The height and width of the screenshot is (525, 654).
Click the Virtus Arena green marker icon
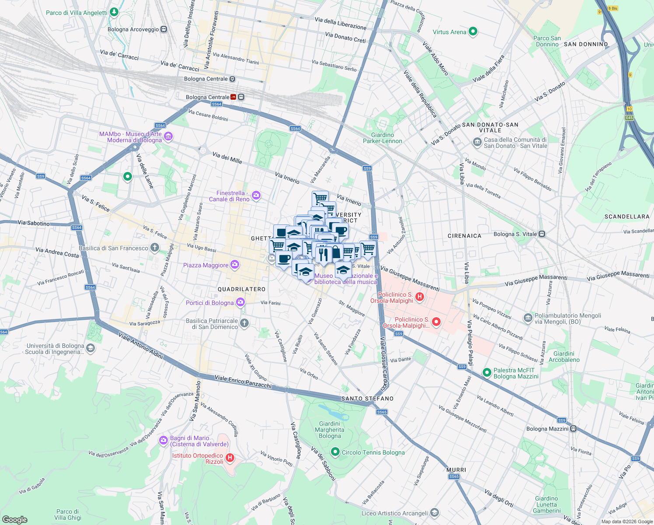click(473, 31)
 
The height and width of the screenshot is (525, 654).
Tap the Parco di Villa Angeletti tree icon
click(114, 12)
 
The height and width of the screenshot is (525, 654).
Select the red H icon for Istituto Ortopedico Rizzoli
click(230, 458)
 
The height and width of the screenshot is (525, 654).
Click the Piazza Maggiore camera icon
click(235, 265)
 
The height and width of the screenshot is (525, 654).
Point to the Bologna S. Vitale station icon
click(542, 234)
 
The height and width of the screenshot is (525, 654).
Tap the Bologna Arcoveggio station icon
click(163, 29)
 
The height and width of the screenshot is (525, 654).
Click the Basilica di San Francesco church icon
click(154, 248)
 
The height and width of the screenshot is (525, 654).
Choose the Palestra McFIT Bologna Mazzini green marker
click(487, 373)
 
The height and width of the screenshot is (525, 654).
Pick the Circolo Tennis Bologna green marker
click(335, 452)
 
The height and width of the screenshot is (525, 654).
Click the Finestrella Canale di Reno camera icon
click(256, 196)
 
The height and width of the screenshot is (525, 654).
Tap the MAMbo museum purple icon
click(168, 137)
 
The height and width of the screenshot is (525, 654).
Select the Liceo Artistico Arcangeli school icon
click(434, 513)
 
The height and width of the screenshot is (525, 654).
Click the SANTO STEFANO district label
click(367, 399)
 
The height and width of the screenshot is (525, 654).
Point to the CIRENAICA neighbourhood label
click(464, 236)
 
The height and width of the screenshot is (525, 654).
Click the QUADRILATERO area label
click(242, 290)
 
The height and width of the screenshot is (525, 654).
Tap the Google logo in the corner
click(15, 520)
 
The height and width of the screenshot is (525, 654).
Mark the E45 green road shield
click(629, 118)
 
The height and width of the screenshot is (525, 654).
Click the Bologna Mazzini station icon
click(573, 429)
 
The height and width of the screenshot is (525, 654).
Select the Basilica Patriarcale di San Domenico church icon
click(244, 323)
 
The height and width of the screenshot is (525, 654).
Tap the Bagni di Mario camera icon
click(163, 441)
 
